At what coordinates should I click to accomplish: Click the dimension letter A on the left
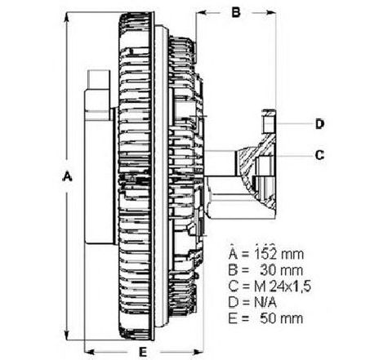[x=67, y=176]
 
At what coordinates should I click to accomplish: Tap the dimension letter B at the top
[x=236, y=12]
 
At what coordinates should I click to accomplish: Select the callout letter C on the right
[x=319, y=155]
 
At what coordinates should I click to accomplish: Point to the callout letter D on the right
[x=319, y=124]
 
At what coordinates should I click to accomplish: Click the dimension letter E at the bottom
[x=143, y=352]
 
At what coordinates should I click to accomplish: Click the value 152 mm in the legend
[x=279, y=254]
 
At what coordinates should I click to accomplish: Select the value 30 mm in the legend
[x=281, y=270]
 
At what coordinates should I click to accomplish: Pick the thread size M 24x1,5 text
[x=283, y=287]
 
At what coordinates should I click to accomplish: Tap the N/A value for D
[x=265, y=302]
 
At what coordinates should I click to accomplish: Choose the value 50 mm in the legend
[x=281, y=318]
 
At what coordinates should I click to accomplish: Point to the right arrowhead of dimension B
[x=271, y=12]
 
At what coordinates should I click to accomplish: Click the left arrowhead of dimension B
[x=201, y=12]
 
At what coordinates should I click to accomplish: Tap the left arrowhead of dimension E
[x=90, y=352]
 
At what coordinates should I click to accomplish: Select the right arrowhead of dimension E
[x=198, y=352]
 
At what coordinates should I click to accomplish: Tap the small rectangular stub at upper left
[x=99, y=79]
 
